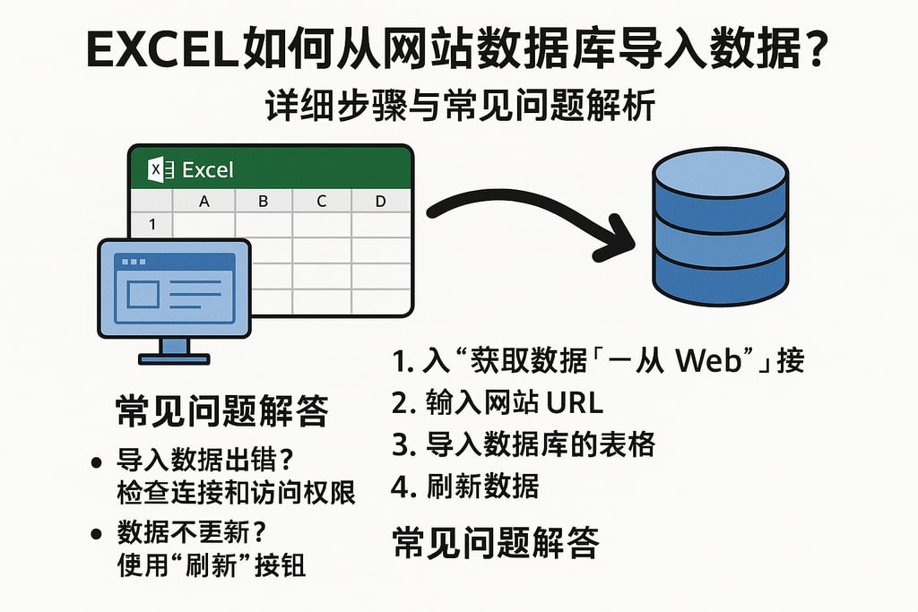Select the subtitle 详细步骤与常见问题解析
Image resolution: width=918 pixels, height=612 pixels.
[460, 108]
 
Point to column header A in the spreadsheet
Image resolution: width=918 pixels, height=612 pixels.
[204, 202]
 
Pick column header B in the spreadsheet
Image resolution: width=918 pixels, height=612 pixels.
[263, 202]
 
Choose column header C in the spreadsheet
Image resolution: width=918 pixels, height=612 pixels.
[321, 202]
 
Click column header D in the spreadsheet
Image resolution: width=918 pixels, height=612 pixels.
[380, 202]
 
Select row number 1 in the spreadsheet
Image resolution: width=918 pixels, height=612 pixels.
[152, 225]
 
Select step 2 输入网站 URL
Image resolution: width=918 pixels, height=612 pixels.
[498, 402]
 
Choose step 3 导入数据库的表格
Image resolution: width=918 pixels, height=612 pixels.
[524, 444]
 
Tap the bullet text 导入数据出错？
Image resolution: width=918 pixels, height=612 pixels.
[205, 463]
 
